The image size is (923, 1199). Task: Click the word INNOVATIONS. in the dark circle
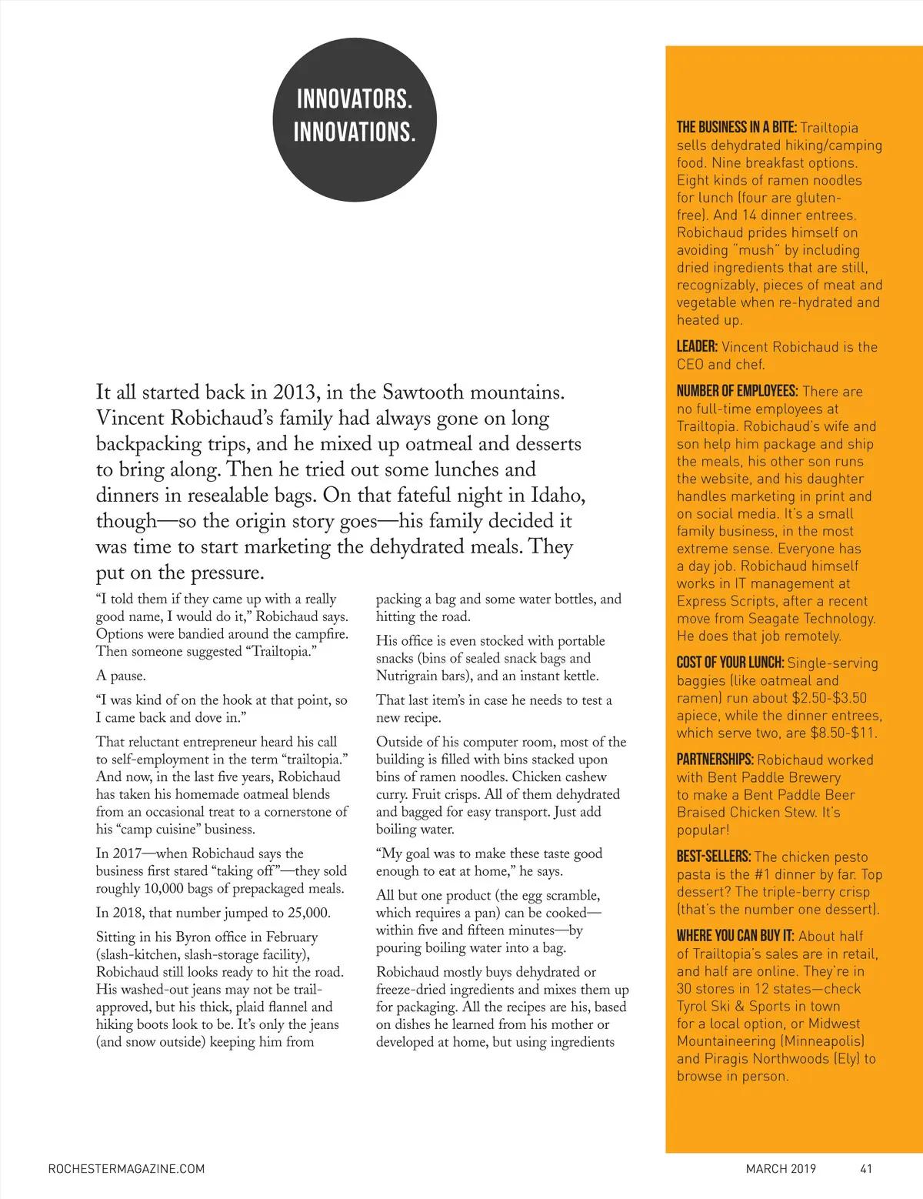pos(355,131)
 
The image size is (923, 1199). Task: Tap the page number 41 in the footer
pos(865,1168)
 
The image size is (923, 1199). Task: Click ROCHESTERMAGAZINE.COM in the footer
pos(126,1168)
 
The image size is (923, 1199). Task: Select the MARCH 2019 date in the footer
pos(781,1168)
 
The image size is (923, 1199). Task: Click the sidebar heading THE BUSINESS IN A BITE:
pos(737,128)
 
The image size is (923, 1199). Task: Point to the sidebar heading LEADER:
pos(697,347)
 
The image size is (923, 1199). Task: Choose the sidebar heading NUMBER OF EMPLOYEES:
pos(737,391)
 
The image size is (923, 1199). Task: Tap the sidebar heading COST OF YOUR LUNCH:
pos(730,663)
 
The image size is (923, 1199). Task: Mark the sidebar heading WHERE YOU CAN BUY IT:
pos(736,936)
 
